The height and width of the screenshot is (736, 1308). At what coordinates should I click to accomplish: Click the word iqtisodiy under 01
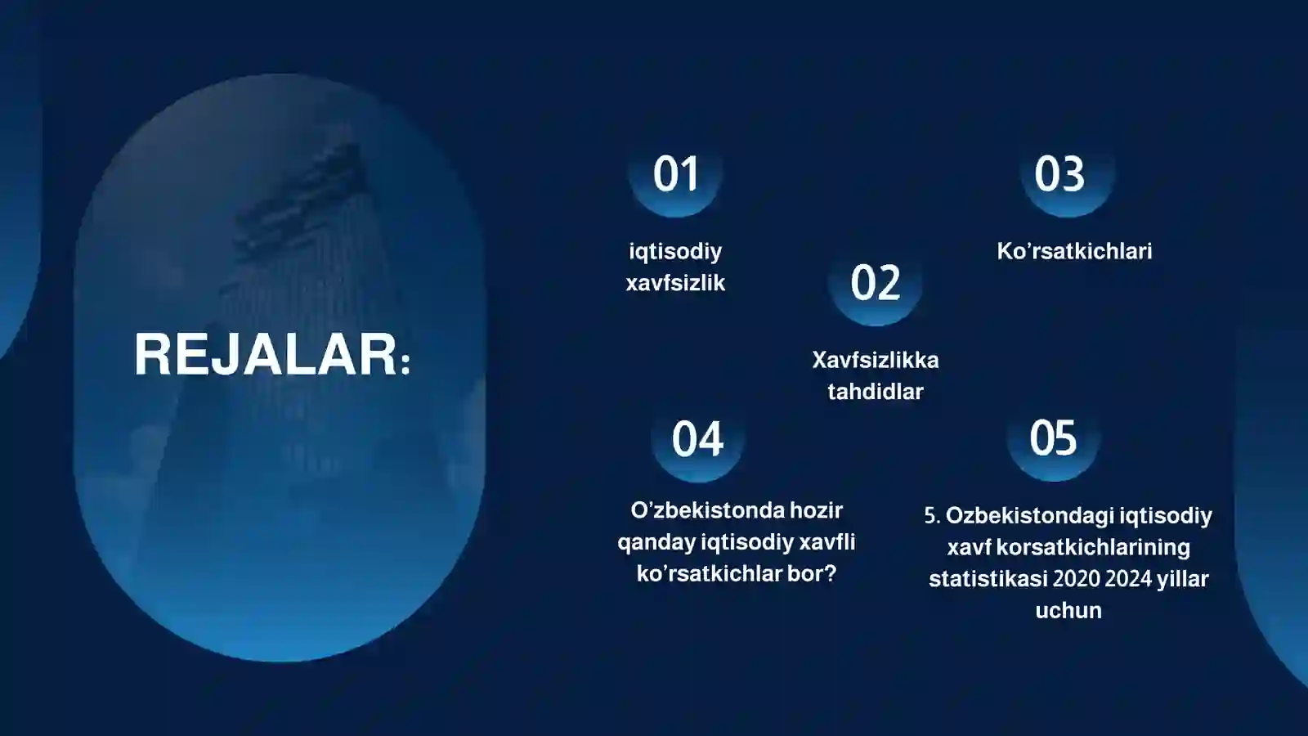tap(675, 251)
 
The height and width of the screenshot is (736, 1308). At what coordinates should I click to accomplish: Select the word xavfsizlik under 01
tap(675, 283)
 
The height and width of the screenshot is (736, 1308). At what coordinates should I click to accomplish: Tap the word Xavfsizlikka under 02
tap(875, 360)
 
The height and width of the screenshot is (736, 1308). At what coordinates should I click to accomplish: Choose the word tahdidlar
tap(875, 392)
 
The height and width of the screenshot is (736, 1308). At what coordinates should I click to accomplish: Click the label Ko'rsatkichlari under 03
tap(1074, 251)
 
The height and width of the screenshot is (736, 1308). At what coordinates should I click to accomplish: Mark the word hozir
tap(816, 510)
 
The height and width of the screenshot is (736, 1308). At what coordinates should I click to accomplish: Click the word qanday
tap(656, 542)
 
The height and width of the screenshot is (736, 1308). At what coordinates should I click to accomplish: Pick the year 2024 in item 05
tap(1128, 579)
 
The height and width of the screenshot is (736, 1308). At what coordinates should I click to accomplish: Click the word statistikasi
tap(988, 579)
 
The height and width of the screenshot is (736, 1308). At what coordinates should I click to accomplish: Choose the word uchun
tap(1068, 611)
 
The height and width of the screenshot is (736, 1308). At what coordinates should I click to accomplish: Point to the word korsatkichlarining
tap(1093, 547)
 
